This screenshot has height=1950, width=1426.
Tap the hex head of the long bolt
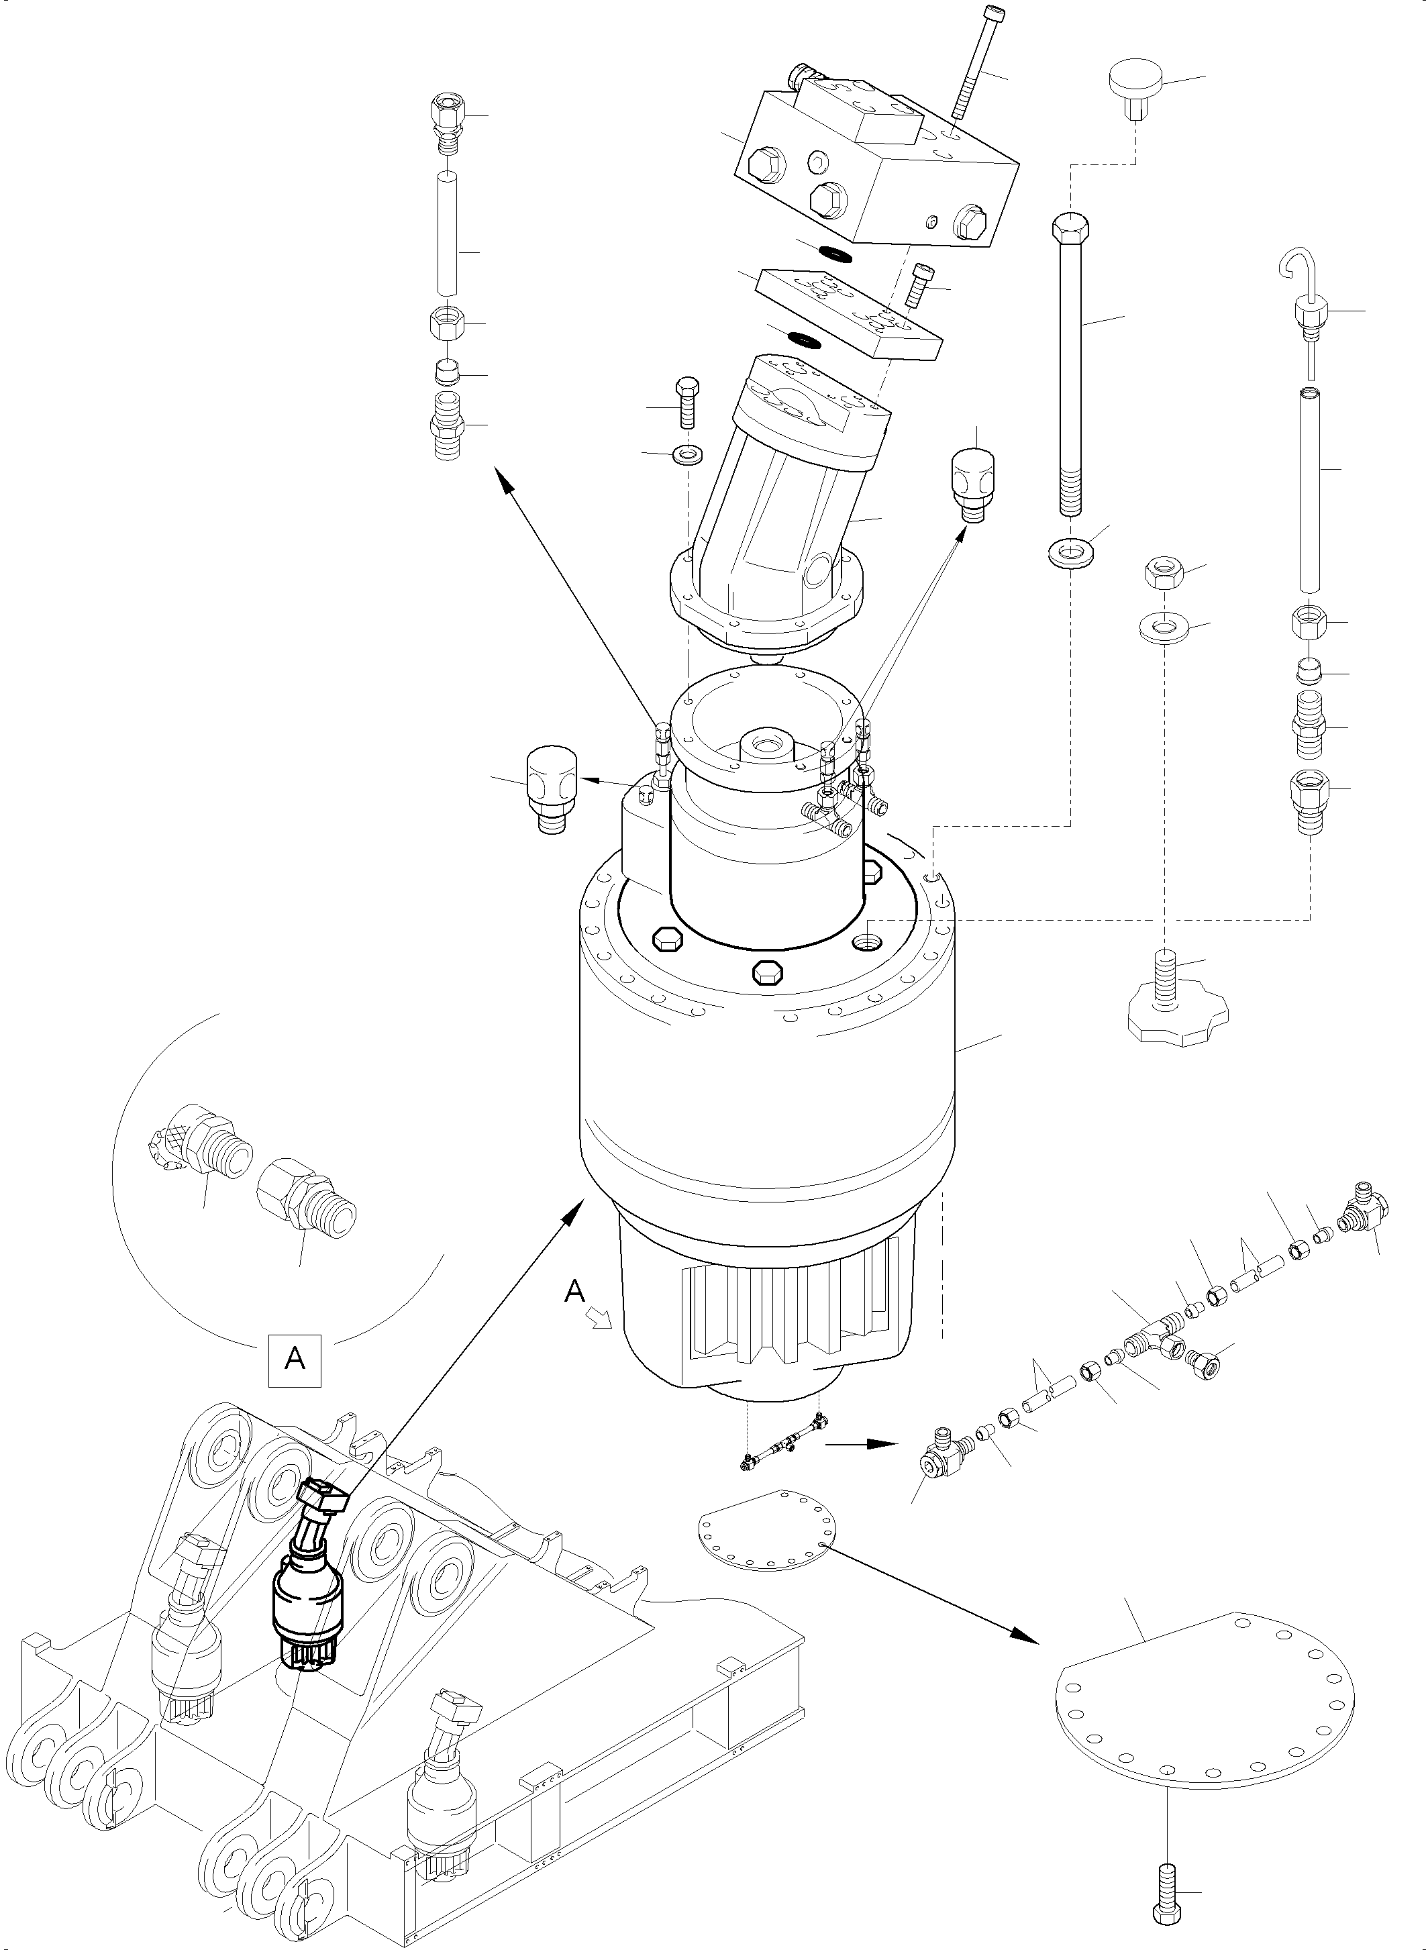pos(1070,230)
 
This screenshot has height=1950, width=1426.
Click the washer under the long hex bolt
pos(1070,551)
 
